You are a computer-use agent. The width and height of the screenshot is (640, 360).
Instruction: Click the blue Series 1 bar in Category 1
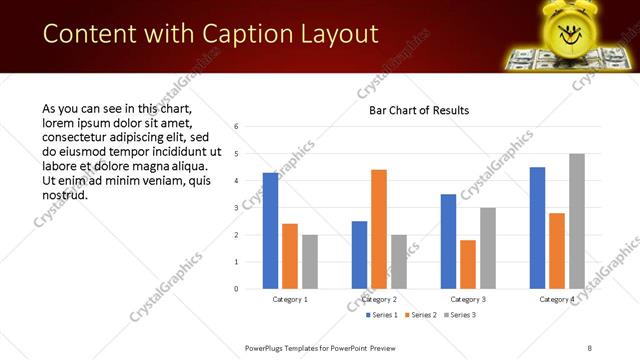[x=270, y=231]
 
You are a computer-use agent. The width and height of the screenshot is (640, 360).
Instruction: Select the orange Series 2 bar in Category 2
[x=379, y=229]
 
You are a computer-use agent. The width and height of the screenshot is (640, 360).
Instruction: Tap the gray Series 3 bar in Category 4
[x=577, y=221]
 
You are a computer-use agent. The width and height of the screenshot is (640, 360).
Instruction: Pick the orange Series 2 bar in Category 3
[x=468, y=264]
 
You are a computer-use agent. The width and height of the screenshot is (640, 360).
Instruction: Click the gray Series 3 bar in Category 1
[x=310, y=262]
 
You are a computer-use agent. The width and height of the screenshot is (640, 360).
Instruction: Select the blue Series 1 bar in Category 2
[x=359, y=255]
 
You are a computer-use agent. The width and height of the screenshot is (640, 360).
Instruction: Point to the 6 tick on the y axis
[x=236, y=127]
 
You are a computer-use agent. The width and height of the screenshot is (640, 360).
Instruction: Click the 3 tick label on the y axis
[x=236, y=208]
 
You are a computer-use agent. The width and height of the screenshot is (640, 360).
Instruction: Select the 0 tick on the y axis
[x=236, y=289]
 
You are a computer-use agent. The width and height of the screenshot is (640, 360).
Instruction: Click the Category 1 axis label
[x=290, y=300]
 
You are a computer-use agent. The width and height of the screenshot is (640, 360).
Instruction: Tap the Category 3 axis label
[x=468, y=300]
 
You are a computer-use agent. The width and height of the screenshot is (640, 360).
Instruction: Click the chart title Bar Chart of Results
[x=412, y=110]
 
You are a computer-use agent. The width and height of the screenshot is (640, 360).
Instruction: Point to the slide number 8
[x=589, y=347]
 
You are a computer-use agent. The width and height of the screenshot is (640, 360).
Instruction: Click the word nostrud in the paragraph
[x=66, y=194]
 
